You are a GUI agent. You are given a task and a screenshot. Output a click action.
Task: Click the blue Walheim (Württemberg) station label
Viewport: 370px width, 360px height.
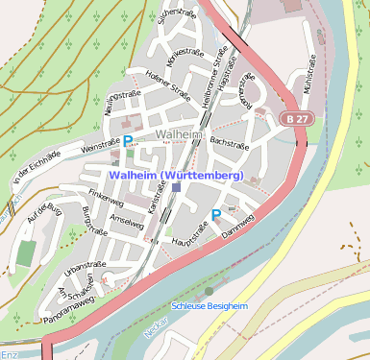point(177,175)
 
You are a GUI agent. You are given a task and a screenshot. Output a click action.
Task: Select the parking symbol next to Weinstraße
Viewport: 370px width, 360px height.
point(128,141)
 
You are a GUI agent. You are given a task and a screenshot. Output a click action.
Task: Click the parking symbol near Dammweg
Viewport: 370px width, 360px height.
point(216,214)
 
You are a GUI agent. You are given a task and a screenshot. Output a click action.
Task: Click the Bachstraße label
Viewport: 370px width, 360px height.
point(230,141)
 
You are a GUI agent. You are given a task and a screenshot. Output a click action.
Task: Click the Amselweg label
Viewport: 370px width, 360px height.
point(126,223)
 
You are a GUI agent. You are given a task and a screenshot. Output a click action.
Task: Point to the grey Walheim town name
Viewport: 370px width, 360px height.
point(178,135)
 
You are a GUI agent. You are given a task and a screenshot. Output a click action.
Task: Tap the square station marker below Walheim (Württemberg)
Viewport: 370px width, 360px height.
point(177,188)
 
